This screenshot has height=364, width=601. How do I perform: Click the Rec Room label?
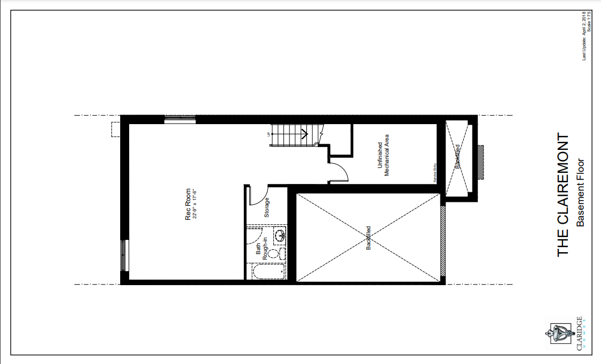coord(188,204)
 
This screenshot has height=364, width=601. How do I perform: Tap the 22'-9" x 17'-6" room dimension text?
coord(195,204)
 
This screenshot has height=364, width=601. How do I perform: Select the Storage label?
coord(267,207)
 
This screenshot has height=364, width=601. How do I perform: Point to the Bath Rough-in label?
coord(262,247)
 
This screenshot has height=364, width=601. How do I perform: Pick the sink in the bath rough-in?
coord(280,235)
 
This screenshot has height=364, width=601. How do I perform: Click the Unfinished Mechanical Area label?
coord(383,159)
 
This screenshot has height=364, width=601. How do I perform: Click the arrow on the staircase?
coord(305,133)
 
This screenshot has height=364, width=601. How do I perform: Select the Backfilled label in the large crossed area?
coord(368,237)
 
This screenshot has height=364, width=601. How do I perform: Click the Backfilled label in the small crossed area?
coord(457,157)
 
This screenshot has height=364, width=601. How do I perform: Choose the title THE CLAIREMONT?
coord(564,195)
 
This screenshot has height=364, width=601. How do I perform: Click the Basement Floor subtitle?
coord(581,192)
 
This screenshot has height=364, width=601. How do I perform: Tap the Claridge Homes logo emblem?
coord(557,334)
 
